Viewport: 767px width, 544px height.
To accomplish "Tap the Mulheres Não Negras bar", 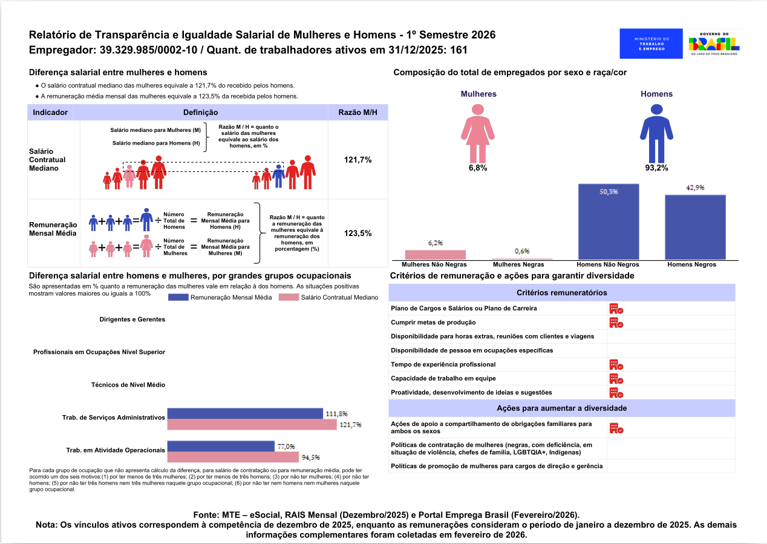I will pyautogui.click(x=436, y=255).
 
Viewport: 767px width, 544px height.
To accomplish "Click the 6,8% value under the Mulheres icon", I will pyautogui.click(x=477, y=168).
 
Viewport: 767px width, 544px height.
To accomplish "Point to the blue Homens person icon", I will pyautogui.click(x=656, y=132).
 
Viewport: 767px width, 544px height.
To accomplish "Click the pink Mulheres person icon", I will pyautogui.click(x=478, y=132).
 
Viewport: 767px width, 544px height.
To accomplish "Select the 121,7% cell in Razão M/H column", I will pyautogui.click(x=357, y=160).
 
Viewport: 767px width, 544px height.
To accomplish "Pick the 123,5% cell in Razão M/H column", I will pyautogui.click(x=357, y=233).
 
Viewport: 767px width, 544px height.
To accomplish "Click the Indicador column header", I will pyautogui.click(x=50, y=113).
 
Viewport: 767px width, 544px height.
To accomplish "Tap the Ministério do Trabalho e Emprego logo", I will pyautogui.click(x=651, y=44).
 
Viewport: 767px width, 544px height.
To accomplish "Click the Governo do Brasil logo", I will pyautogui.click(x=714, y=44).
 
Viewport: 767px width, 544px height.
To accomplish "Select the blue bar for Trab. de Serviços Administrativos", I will pyautogui.click(x=245, y=414).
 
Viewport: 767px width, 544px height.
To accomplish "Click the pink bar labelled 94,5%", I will pyautogui.click(x=233, y=457).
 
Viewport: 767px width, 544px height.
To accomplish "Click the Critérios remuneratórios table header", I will pyautogui.click(x=562, y=293).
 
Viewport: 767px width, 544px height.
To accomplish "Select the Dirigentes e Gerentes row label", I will pyautogui.click(x=132, y=319).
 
